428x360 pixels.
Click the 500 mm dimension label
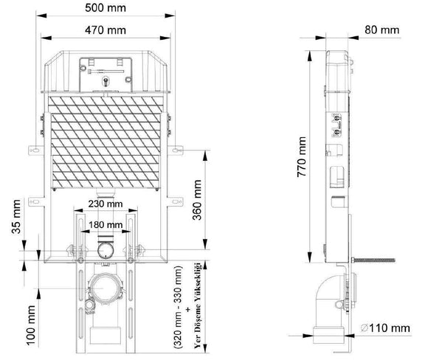coord(106,8)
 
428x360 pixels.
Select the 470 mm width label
coord(106,30)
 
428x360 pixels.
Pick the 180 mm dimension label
coord(106,225)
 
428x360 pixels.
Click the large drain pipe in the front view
coord(104,288)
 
